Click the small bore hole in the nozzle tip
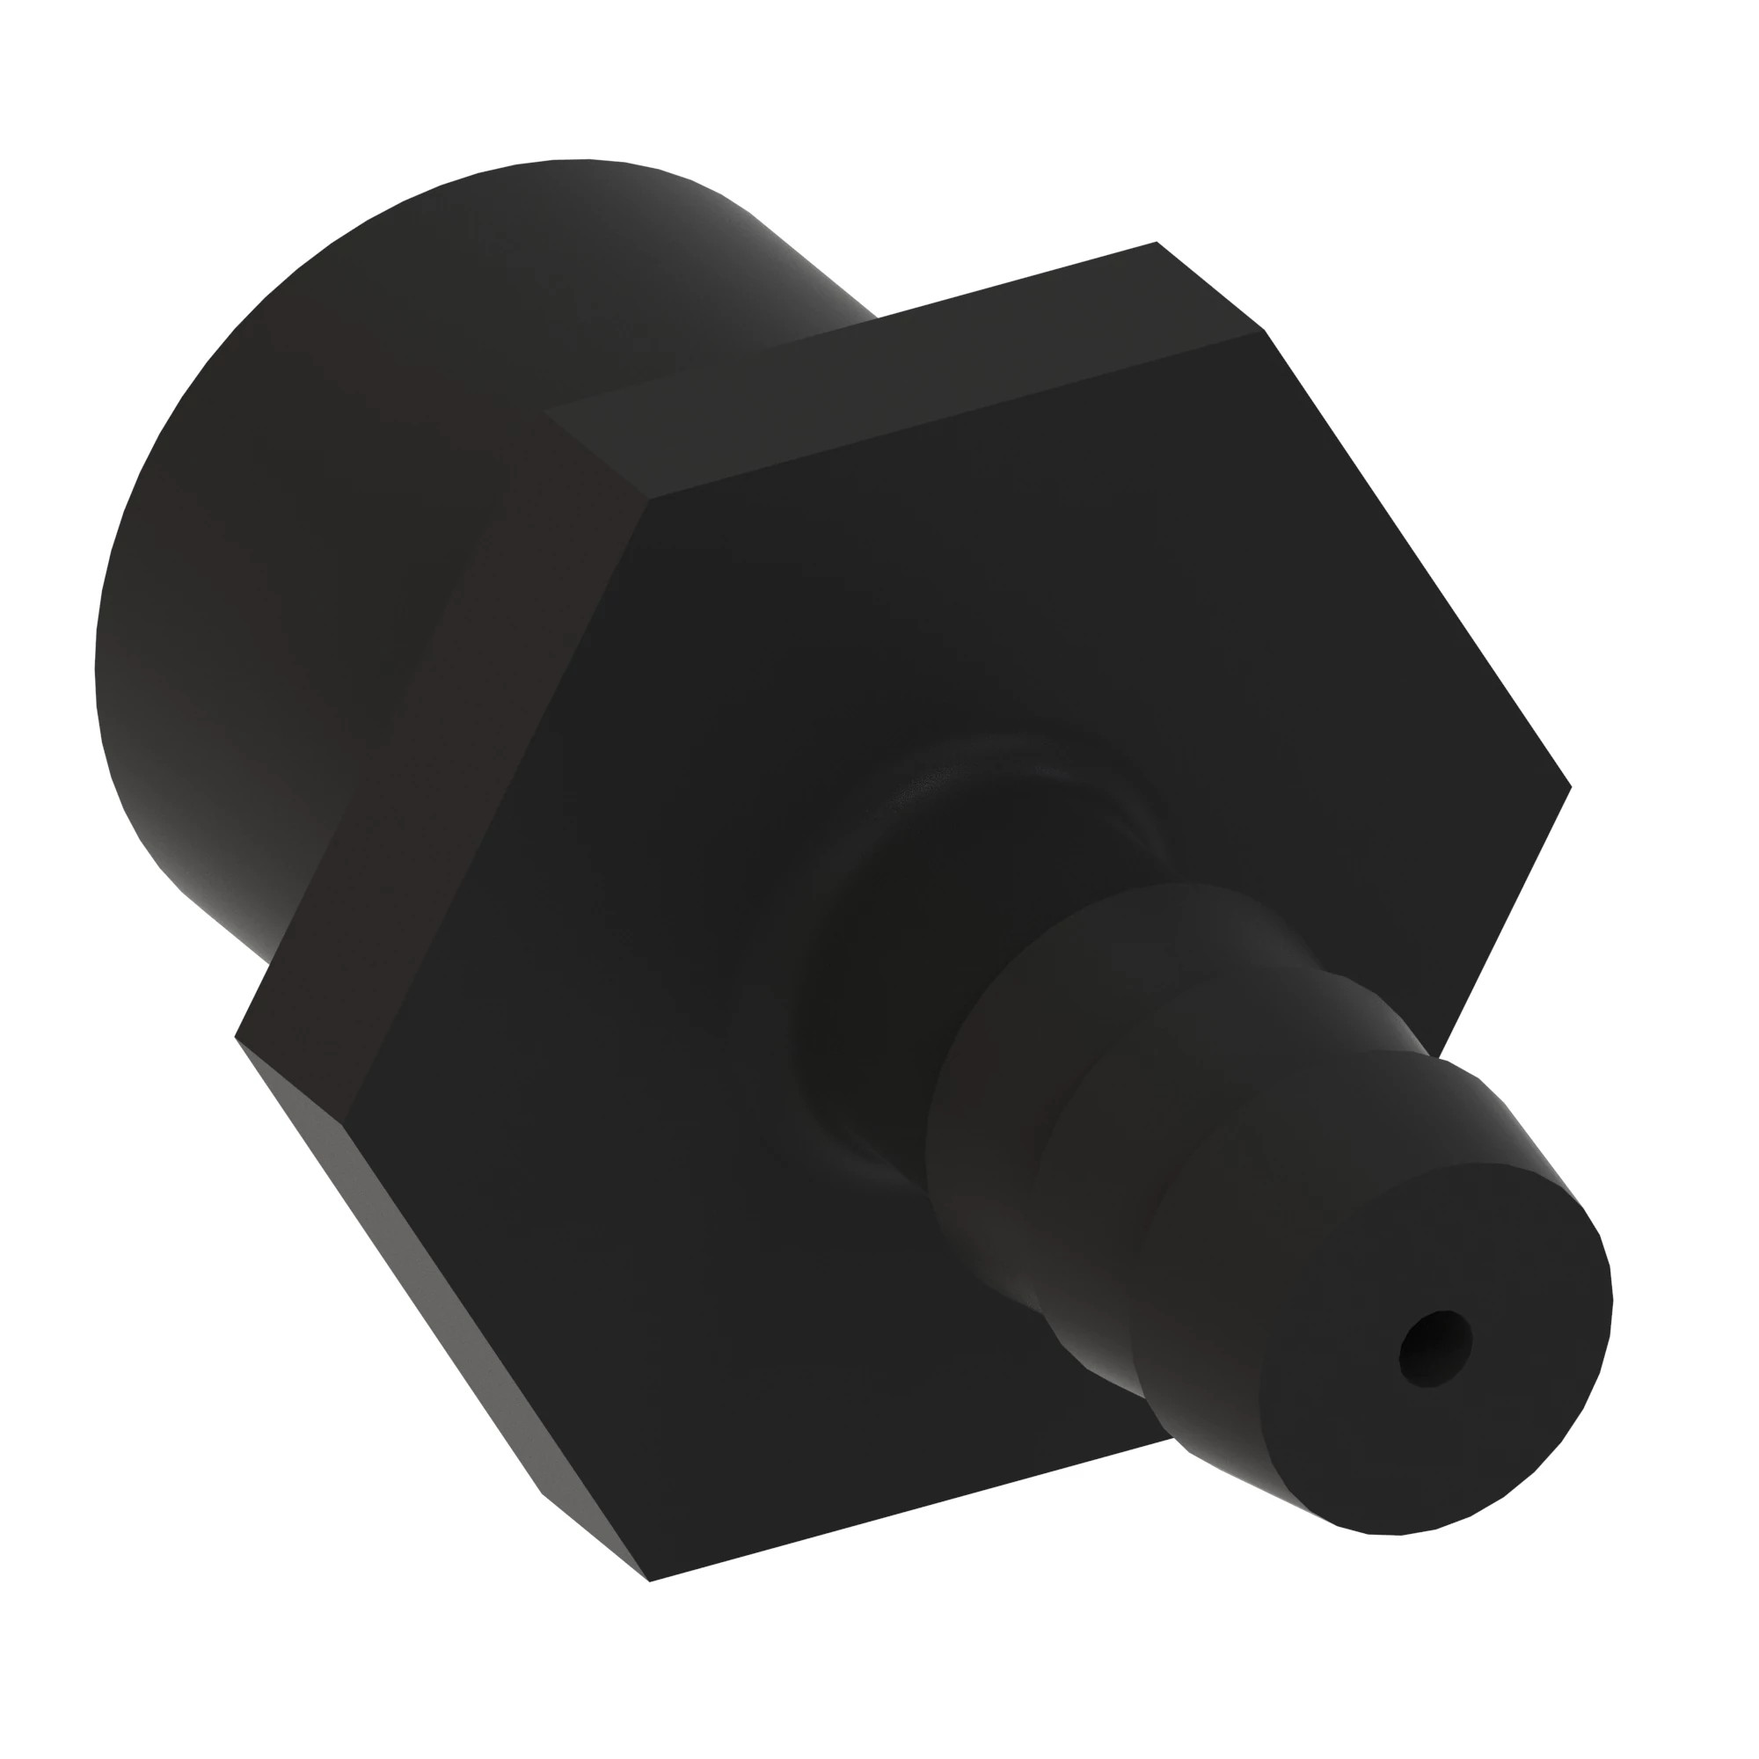pyautogui.click(x=1434, y=1348)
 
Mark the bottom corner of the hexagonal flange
pyautogui.click(x=650, y=1580)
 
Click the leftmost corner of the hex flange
pyautogui.click(x=237, y=1036)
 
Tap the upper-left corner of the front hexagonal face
pyautogui.click(x=648, y=499)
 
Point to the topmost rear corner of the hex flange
pyautogui.click(x=1157, y=242)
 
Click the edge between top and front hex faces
pyautogui.click(x=956, y=415)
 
